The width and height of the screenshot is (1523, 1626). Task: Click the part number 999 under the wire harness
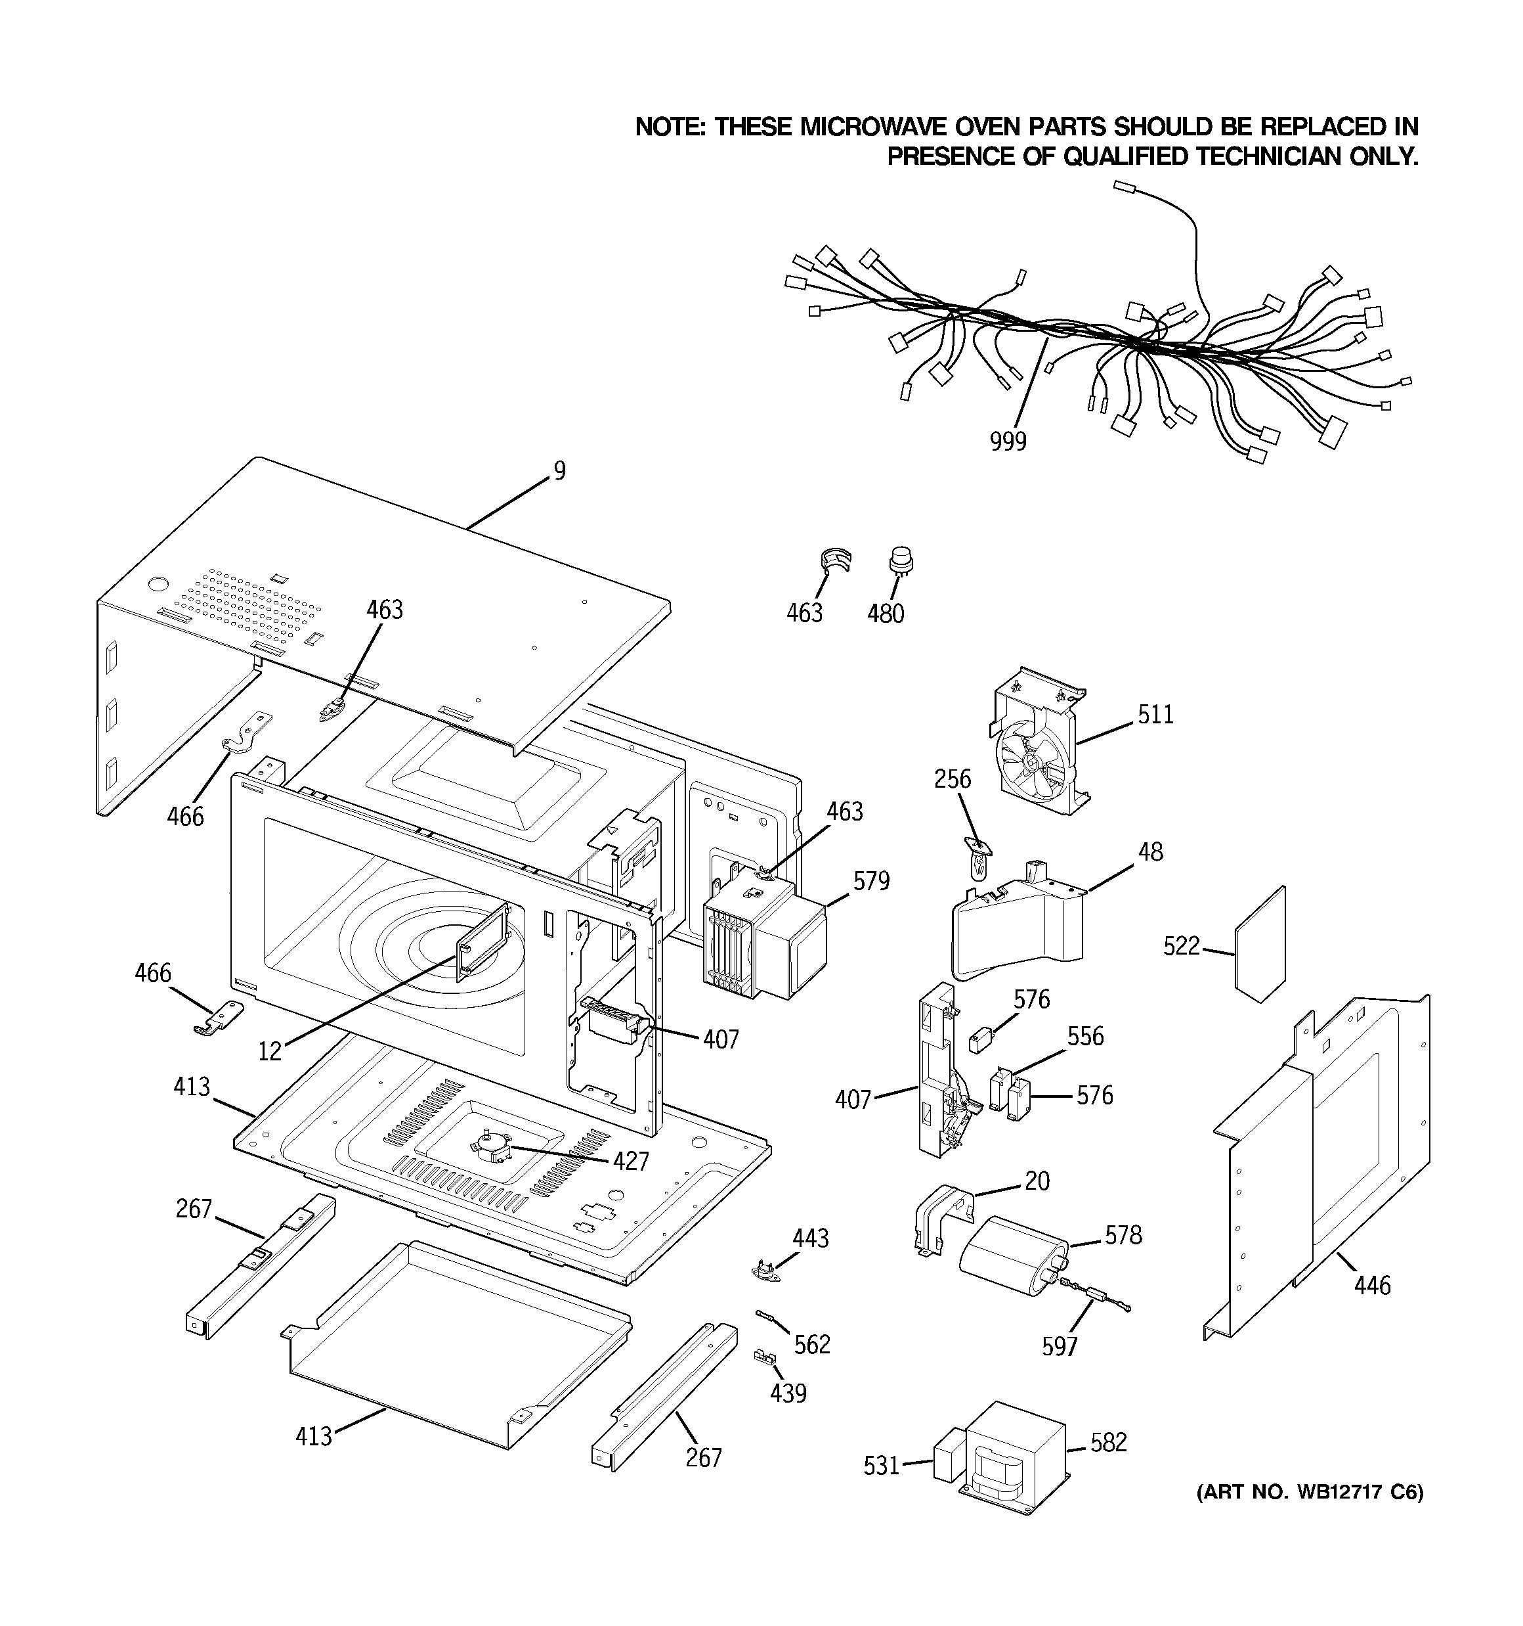(1007, 441)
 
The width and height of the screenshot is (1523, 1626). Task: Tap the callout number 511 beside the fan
(1155, 715)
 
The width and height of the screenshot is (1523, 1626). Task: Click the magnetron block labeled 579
(764, 938)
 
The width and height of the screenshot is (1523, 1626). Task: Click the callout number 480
(886, 614)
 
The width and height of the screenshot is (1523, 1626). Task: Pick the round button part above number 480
(900, 562)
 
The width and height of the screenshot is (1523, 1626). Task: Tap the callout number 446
(1372, 1286)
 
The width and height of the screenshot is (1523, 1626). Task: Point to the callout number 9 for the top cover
(559, 471)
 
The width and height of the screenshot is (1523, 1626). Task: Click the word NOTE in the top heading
(670, 127)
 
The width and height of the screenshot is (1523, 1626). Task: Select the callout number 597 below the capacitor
(1060, 1346)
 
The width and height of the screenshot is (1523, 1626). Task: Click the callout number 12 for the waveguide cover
(270, 1051)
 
